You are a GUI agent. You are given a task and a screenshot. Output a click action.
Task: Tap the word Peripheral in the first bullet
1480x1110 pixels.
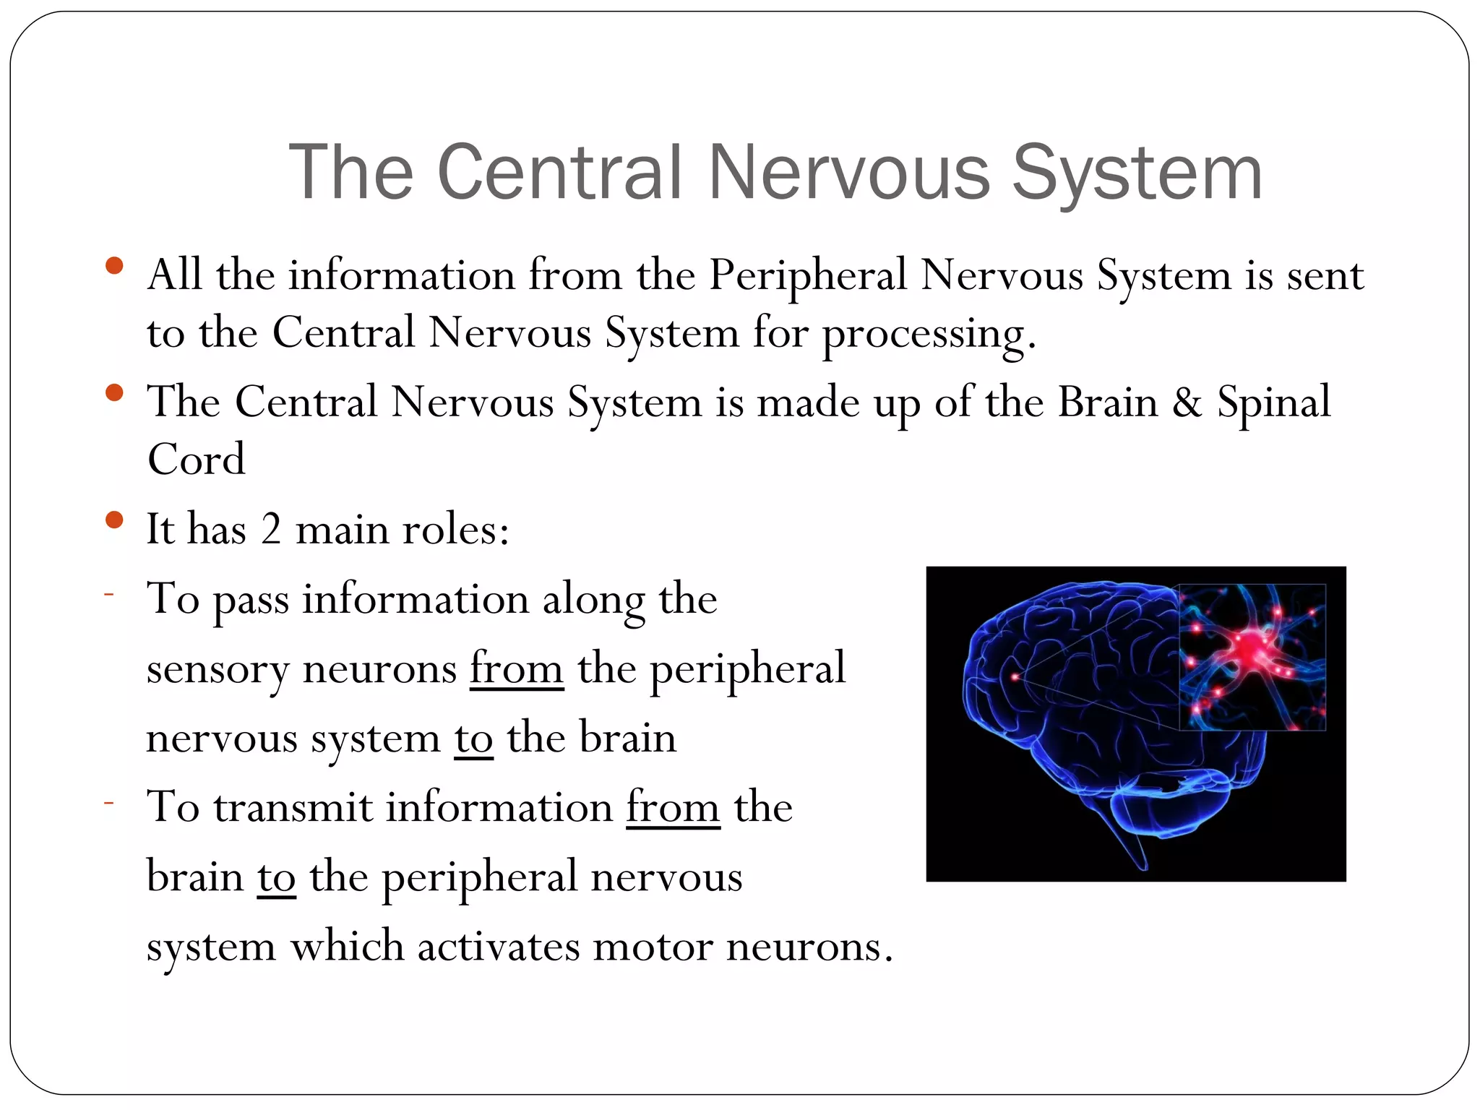(x=807, y=275)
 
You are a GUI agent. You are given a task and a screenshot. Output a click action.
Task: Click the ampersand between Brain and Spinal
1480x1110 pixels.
(x=1187, y=402)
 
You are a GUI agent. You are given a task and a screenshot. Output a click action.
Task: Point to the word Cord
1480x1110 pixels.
(x=196, y=459)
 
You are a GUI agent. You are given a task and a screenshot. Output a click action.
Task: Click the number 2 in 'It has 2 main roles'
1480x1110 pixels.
(x=271, y=529)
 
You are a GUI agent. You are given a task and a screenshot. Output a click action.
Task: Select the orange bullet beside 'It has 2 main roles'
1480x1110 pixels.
(x=114, y=520)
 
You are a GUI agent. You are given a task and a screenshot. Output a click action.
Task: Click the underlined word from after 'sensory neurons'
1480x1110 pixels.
(x=516, y=668)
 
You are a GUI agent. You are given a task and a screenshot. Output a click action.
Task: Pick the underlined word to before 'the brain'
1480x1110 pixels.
(x=473, y=738)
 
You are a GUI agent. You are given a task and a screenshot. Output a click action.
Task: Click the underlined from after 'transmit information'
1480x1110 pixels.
(x=673, y=807)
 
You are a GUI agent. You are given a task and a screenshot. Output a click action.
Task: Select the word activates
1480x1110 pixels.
(x=499, y=946)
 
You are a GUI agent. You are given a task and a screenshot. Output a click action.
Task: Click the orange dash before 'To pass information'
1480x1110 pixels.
(x=109, y=594)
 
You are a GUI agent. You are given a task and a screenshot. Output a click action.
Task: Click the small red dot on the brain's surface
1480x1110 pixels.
(x=1015, y=676)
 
